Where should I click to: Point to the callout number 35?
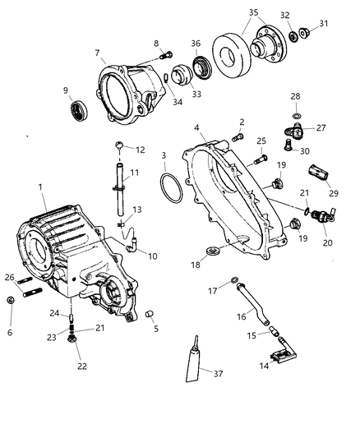click(252, 12)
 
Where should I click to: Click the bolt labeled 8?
click(167, 56)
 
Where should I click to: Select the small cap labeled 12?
click(120, 146)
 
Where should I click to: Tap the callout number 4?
click(196, 127)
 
